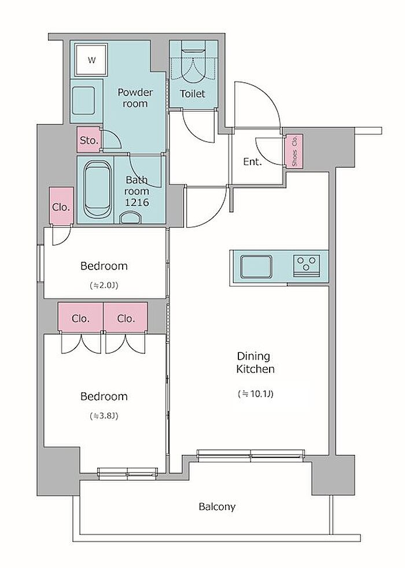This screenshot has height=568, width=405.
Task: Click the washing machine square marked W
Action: [x=91, y=60]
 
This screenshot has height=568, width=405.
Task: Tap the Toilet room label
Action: [x=193, y=94]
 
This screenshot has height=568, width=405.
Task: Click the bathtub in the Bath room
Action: [x=97, y=190]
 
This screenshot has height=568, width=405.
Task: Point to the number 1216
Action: [x=137, y=202]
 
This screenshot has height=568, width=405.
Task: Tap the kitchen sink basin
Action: [x=256, y=267]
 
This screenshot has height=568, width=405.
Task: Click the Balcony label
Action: [x=217, y=507]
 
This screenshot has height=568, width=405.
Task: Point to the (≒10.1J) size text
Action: [x=255, y=393]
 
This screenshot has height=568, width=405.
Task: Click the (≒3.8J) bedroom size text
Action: [x=104, y=416]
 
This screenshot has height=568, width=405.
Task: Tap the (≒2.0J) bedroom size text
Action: [x=104, y=286]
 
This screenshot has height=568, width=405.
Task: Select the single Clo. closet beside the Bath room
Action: [x=61, y=206]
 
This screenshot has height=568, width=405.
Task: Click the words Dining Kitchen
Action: [x=255, y=363]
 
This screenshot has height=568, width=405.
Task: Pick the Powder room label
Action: [x=135, y=98]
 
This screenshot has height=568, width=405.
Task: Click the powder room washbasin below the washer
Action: [x=85, y=100]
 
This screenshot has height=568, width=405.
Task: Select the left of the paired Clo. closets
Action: [x=81, y=318]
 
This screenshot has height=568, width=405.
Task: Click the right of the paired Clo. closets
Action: [x=126, y=318]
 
